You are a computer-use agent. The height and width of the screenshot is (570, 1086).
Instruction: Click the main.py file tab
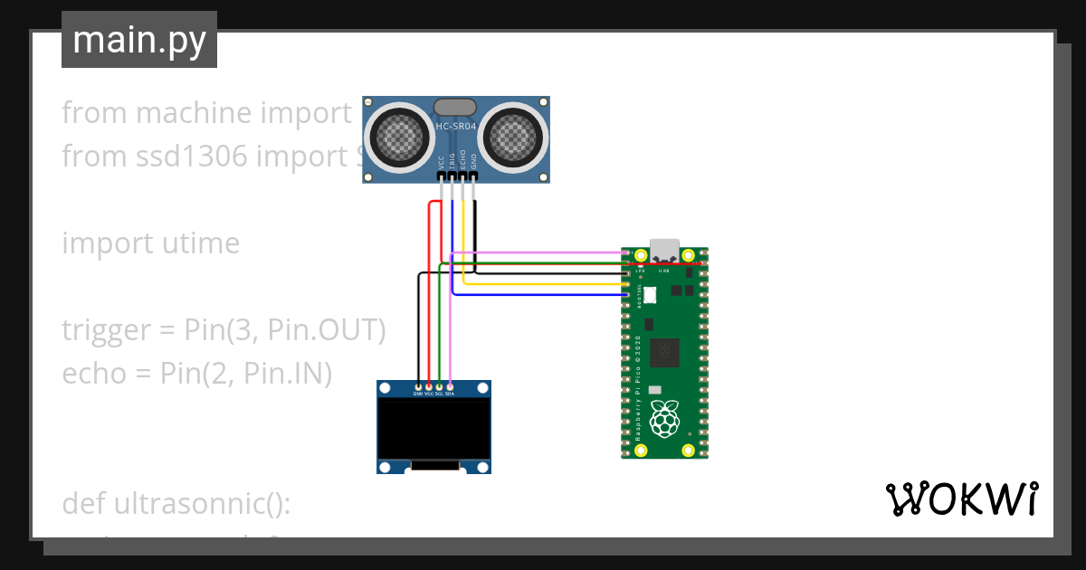click(x=138, y=40)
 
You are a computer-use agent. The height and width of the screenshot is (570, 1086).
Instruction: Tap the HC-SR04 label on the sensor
click(x=456, y=127)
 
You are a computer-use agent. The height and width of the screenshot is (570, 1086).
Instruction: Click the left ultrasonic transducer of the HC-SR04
click(x=400, y=138)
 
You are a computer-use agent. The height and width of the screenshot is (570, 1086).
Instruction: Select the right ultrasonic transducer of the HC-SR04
click(x=512, y=138)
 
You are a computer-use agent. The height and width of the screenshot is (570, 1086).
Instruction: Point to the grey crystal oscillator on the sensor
click(x=456, y=108)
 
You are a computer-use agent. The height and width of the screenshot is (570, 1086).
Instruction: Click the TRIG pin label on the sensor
click(x=452, y=161)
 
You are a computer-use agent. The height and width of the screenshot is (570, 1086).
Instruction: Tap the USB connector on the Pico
click(x=664, y=249)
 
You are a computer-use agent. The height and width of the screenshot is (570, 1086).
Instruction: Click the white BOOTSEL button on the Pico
click(x=650, y=295)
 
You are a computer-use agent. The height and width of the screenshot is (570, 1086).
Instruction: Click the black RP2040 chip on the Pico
click(x=667, y=351)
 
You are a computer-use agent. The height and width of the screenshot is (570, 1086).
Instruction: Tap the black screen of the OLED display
click(x=433, y=430)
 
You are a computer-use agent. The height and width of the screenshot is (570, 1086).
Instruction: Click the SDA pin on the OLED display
click(x=450, y=387)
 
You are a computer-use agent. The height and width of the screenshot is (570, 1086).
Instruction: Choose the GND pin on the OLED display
click(x=417, y=387)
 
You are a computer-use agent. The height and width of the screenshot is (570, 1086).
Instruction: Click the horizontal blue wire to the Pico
click(x=543, y=294)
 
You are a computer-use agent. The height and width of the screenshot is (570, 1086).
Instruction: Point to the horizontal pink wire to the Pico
click(x=543, y=252)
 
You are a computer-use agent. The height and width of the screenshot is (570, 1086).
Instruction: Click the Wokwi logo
click(x=961, y=499)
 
